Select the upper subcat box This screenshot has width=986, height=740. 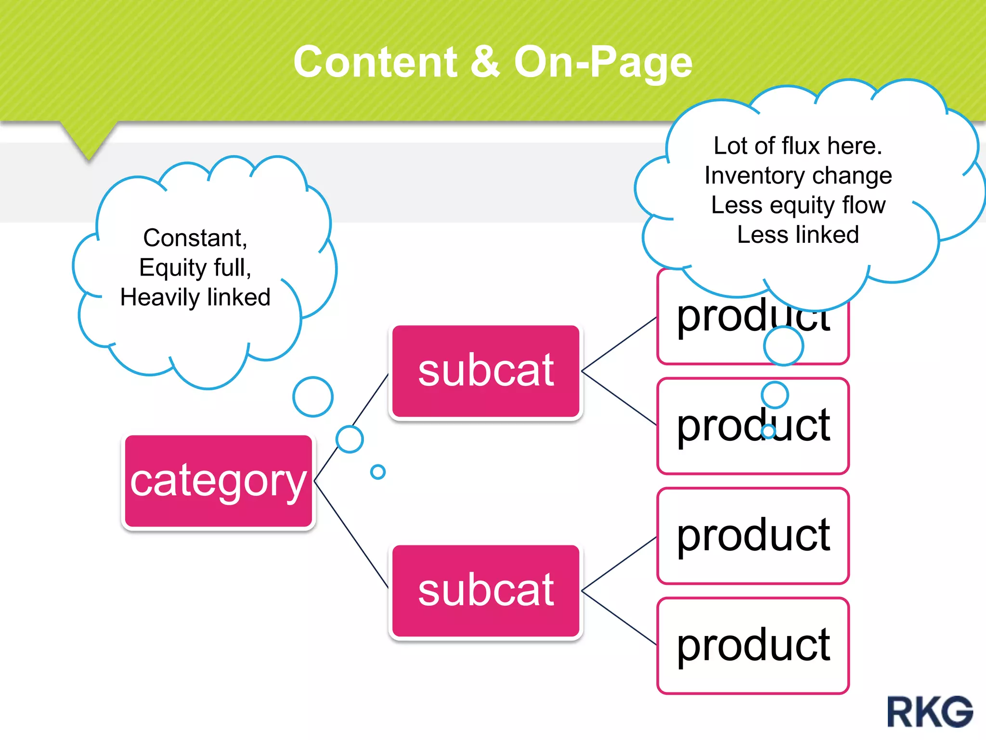pyautogui.click(x=485, y=370)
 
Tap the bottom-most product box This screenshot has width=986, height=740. pyautogui.click(x=752, y=646)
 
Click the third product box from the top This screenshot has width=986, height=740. pyautogui.click(x=752, y=536)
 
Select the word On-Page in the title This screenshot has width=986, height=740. pyautogui.click(x=603, y=63)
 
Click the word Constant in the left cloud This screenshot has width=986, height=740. pyautogui.click(x=195, y=238)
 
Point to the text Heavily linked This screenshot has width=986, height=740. pyautogui.click(x=195, y=297)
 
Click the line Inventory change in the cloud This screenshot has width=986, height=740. pyautogui.click(x=798, y=175)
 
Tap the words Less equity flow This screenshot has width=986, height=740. pyautogui.click(x=798, y=205)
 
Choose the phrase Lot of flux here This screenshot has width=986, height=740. pyautogui.click(x=798, y=145)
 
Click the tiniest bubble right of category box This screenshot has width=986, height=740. pyautogui.click(x=378, y=472)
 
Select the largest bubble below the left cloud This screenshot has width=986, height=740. pyautogui.click(x=313, y=397)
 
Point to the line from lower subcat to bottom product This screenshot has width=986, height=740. pyautogui.click(x=619, y=618)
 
